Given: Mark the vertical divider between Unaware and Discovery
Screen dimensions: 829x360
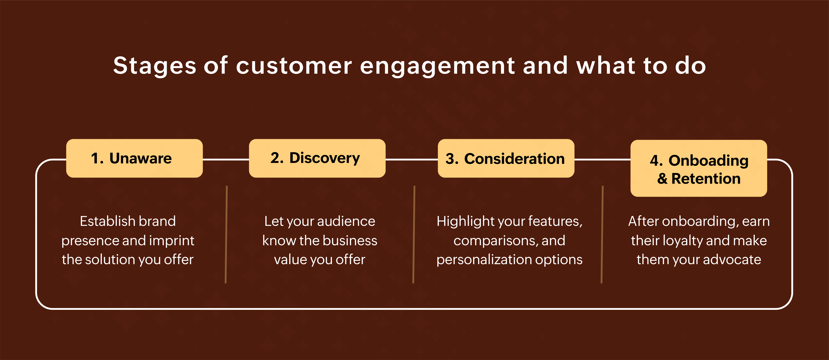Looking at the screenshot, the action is [x=226, y=234].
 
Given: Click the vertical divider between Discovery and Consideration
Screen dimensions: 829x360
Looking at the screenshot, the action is [x=414, y=234].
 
